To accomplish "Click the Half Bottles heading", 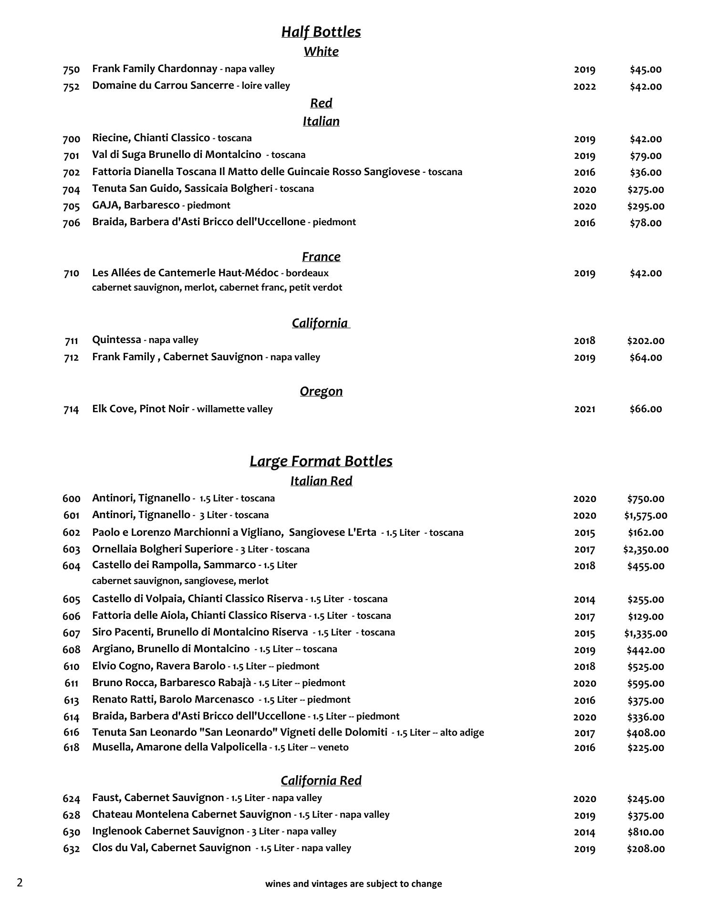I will click(321, 32).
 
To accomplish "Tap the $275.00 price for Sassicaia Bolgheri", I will click(645, 189).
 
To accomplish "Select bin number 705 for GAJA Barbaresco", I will click(71, 206).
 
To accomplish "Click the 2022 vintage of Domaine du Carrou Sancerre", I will click(584, 86).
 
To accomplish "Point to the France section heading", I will click(321, 257).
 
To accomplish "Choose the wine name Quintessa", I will click(116, 340).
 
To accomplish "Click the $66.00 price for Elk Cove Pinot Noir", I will click(646, 409).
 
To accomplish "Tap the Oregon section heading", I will click(321, 391).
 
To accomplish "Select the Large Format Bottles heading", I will click(321, 461).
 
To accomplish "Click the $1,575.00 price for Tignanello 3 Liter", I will click(646, 515).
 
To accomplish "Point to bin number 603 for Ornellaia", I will click(71, 549).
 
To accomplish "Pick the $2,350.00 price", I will click(646, 549).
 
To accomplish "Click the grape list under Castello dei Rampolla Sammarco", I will click(180, 581).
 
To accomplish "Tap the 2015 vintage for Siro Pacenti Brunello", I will click(584, 633).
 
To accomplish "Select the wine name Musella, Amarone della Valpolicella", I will click(179, 747).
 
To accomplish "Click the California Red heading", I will click(321, 781).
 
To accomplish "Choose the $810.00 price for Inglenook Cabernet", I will click(646, 832).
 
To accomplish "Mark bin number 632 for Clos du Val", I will click(71, 849).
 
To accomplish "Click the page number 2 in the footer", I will click(20, 883).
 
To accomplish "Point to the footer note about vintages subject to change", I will click(354, 884).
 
